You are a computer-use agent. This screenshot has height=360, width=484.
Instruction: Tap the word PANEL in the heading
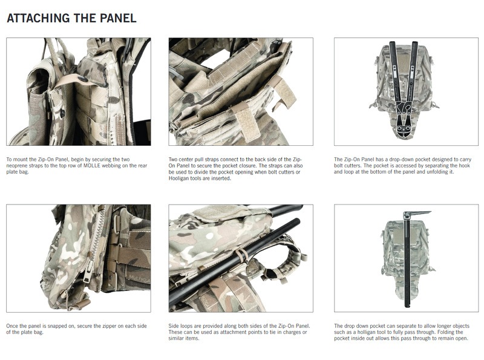117,18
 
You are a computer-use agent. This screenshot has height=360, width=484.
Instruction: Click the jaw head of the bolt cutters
405,114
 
